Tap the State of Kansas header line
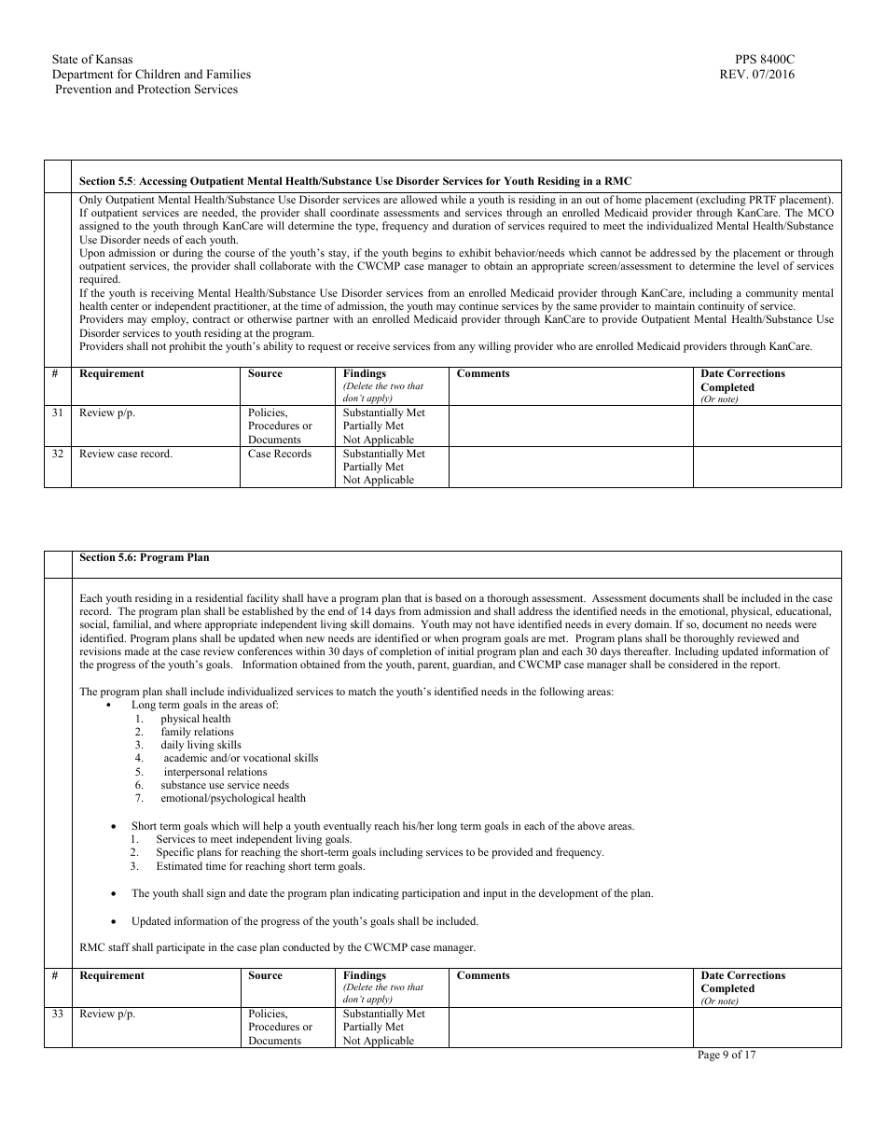point(92,60)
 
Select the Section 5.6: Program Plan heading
point(145,557)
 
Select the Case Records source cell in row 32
point(280,454)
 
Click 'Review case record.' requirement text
point(126,454)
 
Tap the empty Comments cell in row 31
point(570,426)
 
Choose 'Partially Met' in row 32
point(373,467)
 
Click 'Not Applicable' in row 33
point(378,1041)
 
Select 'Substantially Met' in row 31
point(383,413)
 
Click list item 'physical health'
point(195,719)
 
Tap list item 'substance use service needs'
point(225,785)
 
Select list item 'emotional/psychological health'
point(233,798)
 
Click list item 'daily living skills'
point(201,745)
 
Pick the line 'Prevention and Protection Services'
point(146,90)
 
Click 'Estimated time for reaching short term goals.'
point(260,866)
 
